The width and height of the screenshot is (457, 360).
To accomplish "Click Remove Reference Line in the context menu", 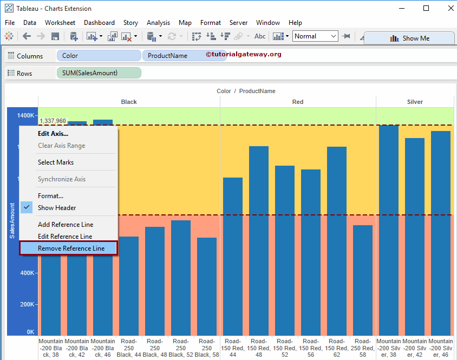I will (71, 248).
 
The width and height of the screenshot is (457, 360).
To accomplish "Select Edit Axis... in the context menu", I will (53, 134).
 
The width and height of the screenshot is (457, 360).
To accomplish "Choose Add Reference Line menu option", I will (66, 225).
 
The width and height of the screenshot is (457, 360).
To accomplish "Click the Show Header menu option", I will (57, 208).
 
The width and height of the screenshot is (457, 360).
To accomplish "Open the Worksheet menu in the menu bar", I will (60, 23).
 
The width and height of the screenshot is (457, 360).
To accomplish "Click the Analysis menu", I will (158, 23).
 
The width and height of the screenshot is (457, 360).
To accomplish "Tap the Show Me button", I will (409, 38).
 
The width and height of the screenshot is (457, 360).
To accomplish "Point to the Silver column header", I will (415, 102).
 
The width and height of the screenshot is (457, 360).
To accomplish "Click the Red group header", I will (298, 102).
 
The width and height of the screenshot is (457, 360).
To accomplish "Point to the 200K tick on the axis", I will (27, 304).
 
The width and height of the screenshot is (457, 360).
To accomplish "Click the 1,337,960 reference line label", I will (53, 121).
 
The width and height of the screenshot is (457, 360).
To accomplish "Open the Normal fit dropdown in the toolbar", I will (315, 36).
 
